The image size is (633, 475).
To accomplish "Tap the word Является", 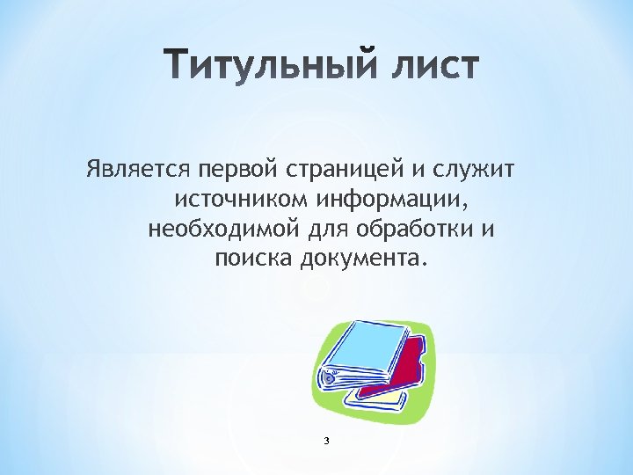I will [x=139, y=168].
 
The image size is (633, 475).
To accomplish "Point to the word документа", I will [x=363, y=259].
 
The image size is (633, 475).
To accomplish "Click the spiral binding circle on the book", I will [x=330, y=377].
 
